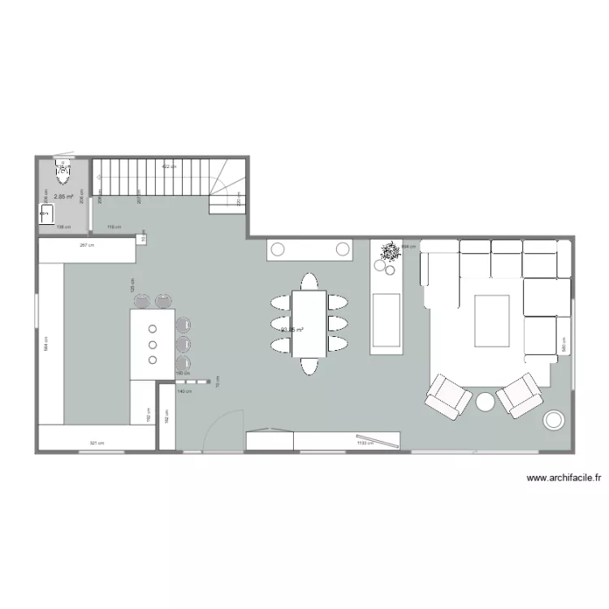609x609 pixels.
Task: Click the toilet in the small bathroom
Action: (x=63, y=169)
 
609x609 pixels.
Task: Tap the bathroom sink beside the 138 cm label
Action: (x=46, y=215)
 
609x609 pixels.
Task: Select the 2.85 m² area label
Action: (x=63, y=197)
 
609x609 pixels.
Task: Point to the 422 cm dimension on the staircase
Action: (x=168, y=166)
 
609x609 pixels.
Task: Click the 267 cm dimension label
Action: (x=86, y=244)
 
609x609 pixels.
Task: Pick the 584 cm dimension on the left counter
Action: (x=47, y=343)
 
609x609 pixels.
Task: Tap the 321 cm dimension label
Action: (x=97, y=443)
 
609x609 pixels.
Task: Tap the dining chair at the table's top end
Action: (x=309, y=282)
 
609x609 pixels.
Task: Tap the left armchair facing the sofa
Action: (x=447, y=395)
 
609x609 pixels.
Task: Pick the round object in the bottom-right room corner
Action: (x=555, y=420)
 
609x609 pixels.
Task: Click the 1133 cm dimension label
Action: (x=365, y=443)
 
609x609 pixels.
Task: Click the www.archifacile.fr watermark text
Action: (x=564, y=479)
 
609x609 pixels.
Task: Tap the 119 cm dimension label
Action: (x=114, y=227)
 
